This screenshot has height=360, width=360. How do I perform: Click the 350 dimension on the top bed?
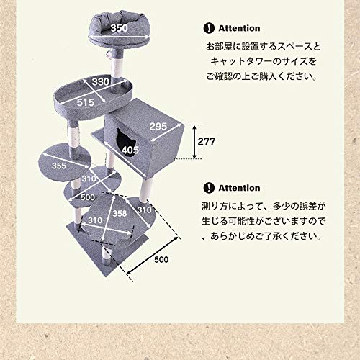click(x=120, y=28)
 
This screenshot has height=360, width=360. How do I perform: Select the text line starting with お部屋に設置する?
click(x=264, y=47)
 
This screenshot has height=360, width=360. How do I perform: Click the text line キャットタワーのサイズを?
click(x=264, y=62)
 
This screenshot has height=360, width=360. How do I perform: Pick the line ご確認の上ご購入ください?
click(x=264, y=77)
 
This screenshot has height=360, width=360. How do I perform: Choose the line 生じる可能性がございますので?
click(x=264, y=220)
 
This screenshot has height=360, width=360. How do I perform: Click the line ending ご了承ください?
click(x=264, y=235)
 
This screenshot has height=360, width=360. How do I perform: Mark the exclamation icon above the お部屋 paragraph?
click(x=208, y=29)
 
